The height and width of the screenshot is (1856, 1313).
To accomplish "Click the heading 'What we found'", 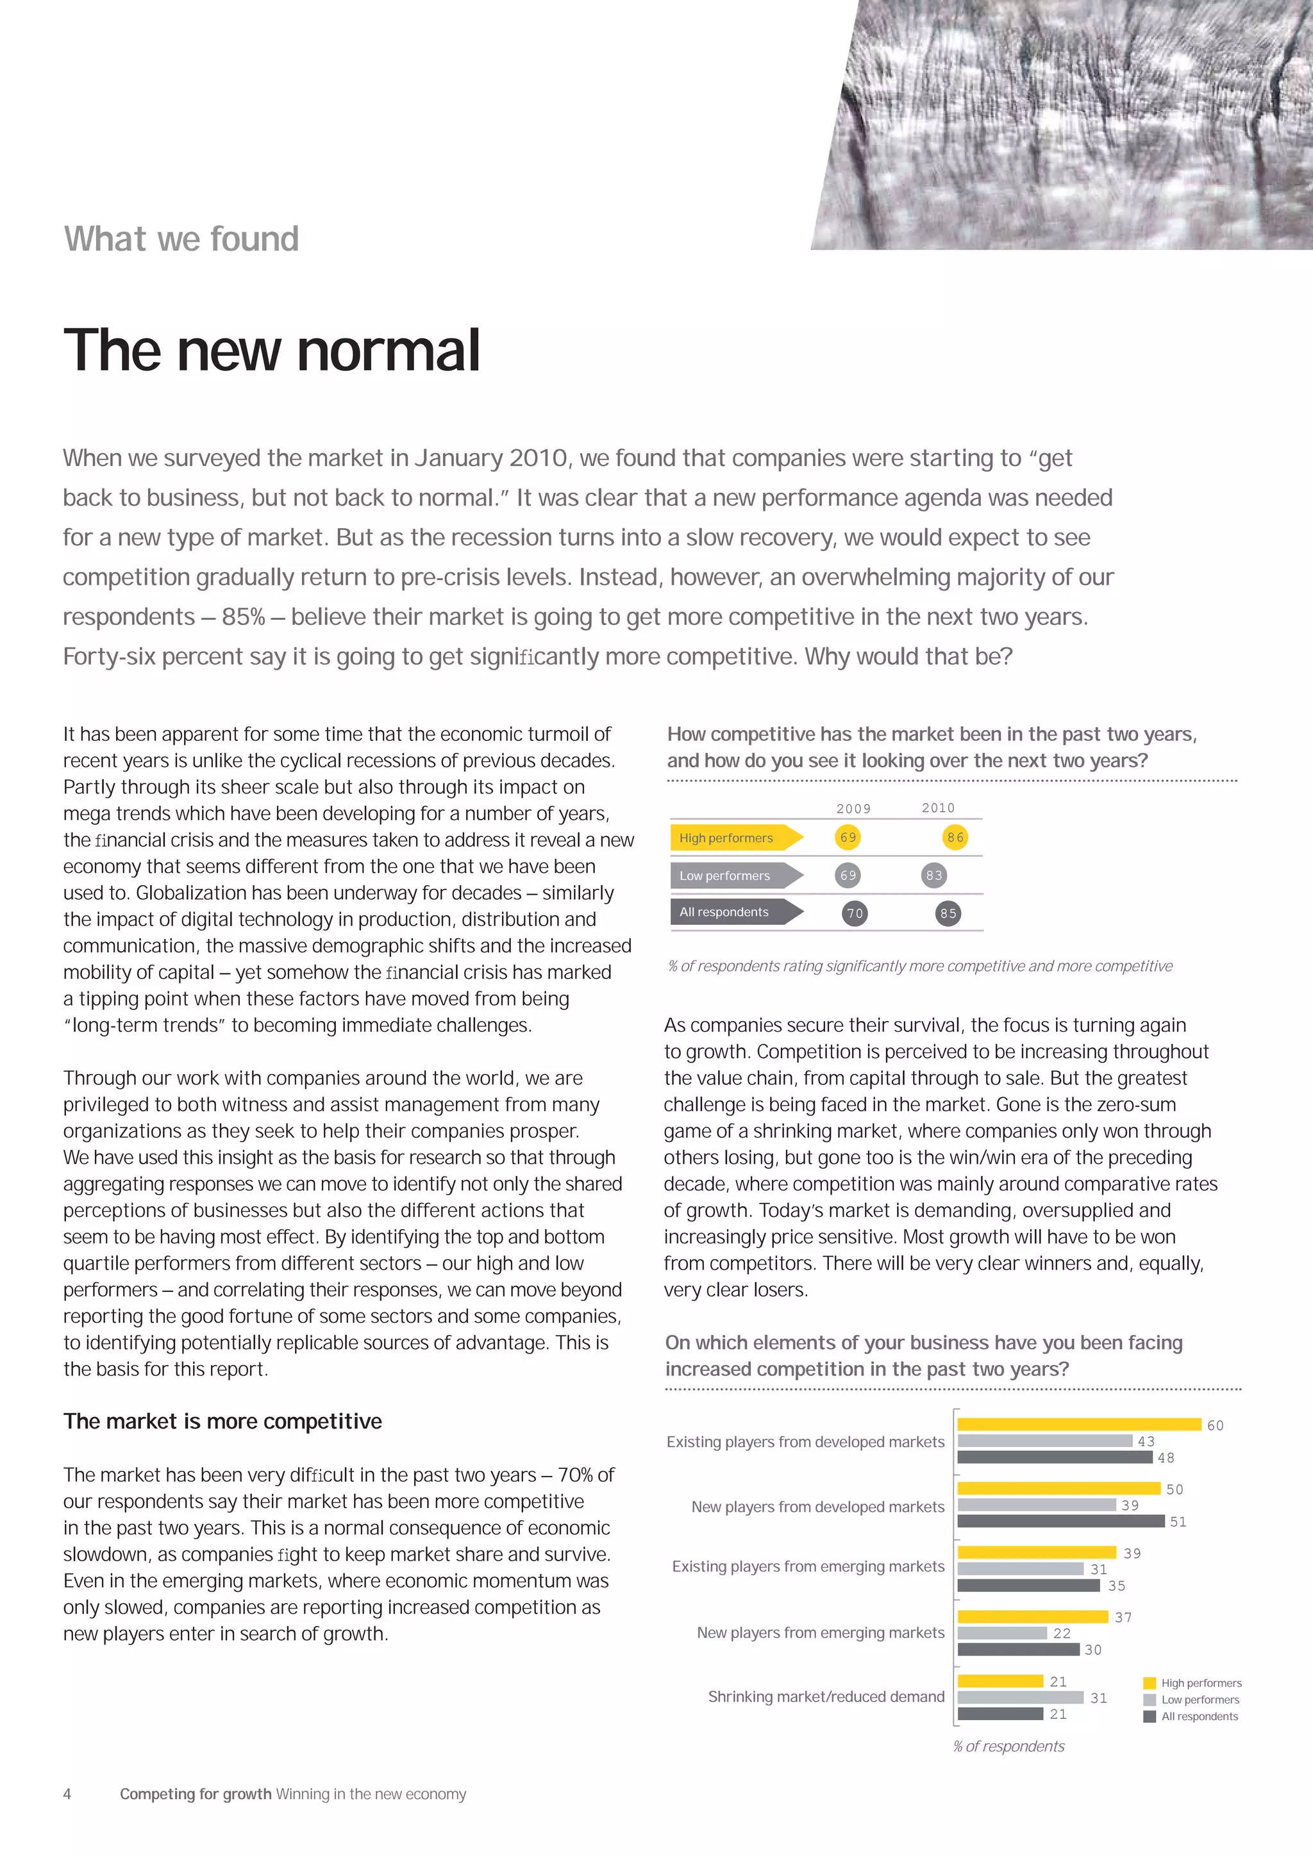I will [181, 239].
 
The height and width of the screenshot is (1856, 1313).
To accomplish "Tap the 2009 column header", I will [853, 808].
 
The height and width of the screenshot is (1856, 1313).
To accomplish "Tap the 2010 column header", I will [938, 808].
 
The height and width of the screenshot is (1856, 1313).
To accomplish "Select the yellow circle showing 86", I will [955, 838].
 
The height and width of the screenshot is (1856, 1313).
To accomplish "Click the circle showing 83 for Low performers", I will [934, 875].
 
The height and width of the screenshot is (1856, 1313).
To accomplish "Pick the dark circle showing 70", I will [855, 913].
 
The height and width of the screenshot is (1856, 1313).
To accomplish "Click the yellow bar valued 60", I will [1078, 1424].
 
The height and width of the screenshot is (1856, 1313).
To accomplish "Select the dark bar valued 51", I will [1061, 1521].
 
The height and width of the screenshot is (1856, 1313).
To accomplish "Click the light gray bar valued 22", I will [1001, 1633].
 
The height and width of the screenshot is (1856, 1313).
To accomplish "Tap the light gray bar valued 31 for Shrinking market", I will [1020, 1698].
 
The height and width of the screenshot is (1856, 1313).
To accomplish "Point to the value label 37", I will [1123, 1618].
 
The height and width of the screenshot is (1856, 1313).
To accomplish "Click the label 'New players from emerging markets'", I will [820, 1633].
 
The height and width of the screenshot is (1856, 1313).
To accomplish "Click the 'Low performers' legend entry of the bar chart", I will [1199, 1700].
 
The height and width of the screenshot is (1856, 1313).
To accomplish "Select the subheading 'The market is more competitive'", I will [222, 1421].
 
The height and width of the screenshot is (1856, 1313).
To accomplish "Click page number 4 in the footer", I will [67, 1794].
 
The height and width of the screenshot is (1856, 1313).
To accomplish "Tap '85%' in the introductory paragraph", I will [244, 617].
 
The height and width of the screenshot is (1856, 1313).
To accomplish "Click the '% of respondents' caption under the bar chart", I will [1008, 1746].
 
